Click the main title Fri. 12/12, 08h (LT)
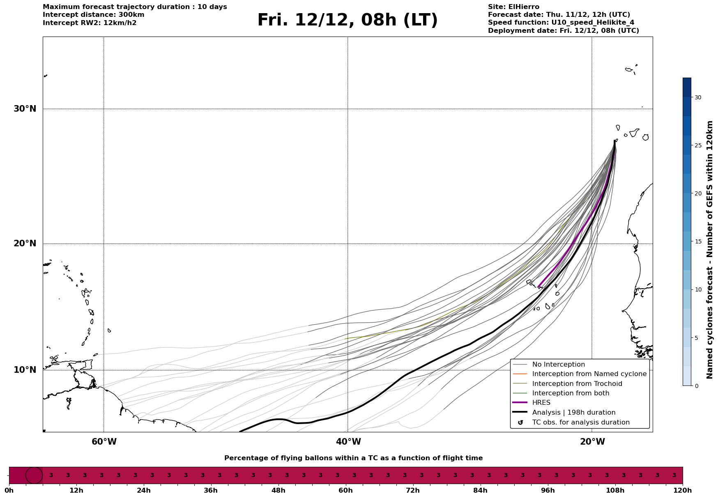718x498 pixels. point(347,20)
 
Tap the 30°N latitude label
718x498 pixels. point(25,109)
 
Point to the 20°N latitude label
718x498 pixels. point(25,243)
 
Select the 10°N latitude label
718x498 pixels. point(25,370)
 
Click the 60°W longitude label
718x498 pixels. point(104,442)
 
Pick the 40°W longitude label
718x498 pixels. point(348,442)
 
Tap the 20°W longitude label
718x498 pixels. point(592,442)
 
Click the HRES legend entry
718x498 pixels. point(541,403)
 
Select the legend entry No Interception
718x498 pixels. point(558,365)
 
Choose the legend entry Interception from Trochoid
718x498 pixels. point(577,384)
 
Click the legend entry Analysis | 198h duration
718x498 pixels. point(573,413)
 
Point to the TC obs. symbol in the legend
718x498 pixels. point(520,422)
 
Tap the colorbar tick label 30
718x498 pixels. point(698,97)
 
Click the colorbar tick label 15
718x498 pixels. point(698,241)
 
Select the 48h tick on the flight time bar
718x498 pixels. point(278,490)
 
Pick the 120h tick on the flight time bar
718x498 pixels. point(683,490)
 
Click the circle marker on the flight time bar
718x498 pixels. point(34,475)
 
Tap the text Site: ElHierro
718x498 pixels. point(513,7)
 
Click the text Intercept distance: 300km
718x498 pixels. point(93,15)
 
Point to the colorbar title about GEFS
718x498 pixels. point(709,250)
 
